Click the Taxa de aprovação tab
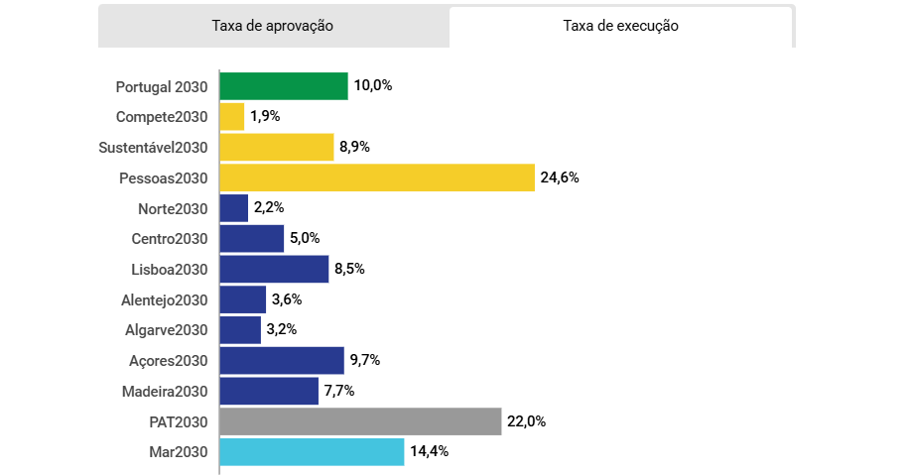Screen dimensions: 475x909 pyautogui.click(x=272, y=27)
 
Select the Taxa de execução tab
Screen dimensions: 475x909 pyautogui.click(x=620, y=27)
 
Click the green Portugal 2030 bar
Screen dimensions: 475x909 pyautogui.click(x=284, y=86)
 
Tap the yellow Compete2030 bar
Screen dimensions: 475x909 pyautogui.click(x=232, y=117)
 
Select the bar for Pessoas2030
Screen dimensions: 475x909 pyautogui.click(x=377, y=178)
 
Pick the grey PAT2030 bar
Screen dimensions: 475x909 pyautogui.click(x=360, y=421)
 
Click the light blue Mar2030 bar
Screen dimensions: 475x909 pyautogui.click(x=312, y=452)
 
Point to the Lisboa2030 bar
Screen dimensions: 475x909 pyautogui.click(x=274, y=269)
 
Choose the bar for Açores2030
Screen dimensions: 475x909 pyautogui.click(x=282, y=360)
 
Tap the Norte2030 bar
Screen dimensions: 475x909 pyautogui.click(x=234, y=208)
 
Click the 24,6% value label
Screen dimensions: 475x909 pyautogui.click(x=560, y=178)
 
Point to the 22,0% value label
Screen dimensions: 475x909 pyautogui.click(x=526, y=421)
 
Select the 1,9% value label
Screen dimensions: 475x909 pyautogui.click(x=265, y=117)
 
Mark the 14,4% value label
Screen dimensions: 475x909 pyautogui.click(x=429, y=452)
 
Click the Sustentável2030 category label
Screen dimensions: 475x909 pyautogui.click(x=153, y=148)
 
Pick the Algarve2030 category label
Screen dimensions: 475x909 pyautogui.click(x=167, y=330)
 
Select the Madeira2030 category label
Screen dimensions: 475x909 pyautogui.click(x=165, y=391)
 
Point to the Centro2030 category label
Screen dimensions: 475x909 pyautogui.click(x=170, y=239)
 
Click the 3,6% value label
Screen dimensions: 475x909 pyautogui.click(x=286, y=299)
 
